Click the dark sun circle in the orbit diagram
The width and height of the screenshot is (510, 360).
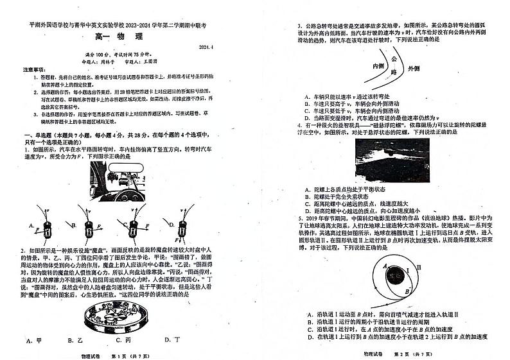pos(392,275)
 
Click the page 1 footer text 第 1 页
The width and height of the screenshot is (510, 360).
pos(121,355)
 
